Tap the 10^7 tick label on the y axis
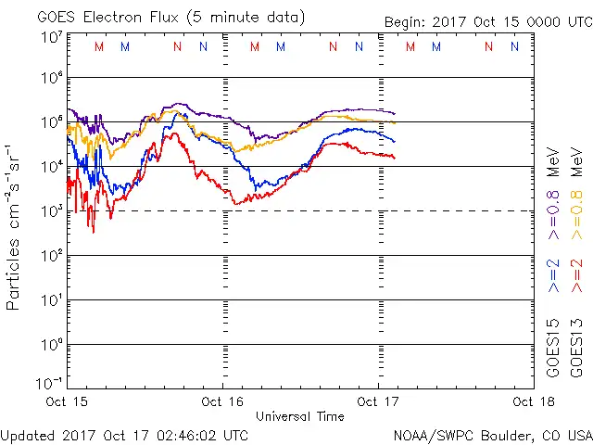(x=51, y=36)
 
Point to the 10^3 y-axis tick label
(x=51, y=210)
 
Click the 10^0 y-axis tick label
(x=51, y=344)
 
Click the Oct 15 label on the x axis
(x=67, y=401)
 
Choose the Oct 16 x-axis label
(x=222, y=401)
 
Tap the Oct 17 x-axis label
(x=378, y=401)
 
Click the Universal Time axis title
(x=300, y=416)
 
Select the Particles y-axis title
(x=14, y=227)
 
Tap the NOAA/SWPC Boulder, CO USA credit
(x=492, y=434)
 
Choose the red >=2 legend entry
(x=577, y=275)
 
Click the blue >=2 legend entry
(x=554, y=275)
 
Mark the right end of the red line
(x=395, y=158)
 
